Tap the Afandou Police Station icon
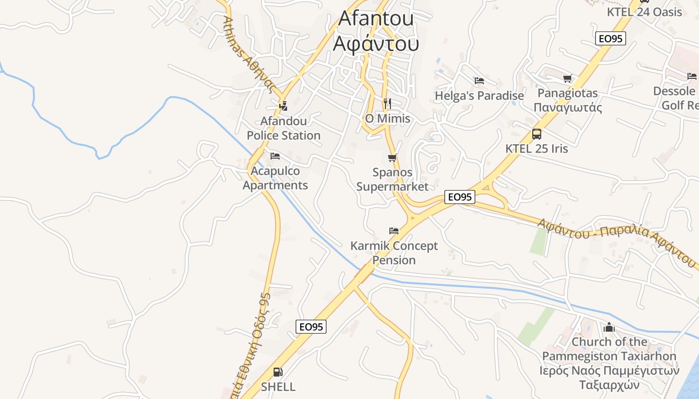283,106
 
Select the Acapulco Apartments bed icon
275,156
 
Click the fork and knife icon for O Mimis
387,104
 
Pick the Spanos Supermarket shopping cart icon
392,158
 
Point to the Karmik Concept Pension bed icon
394,231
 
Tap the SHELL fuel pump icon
278,372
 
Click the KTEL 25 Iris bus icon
537,134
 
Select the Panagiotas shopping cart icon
567,78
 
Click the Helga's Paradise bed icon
479,80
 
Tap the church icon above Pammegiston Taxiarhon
609,327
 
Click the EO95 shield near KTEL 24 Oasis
611,38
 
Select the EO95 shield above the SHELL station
311,327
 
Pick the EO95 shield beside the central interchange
459,197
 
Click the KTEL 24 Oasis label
644,11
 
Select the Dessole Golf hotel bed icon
692,76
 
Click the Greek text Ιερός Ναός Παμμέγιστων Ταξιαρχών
609,378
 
